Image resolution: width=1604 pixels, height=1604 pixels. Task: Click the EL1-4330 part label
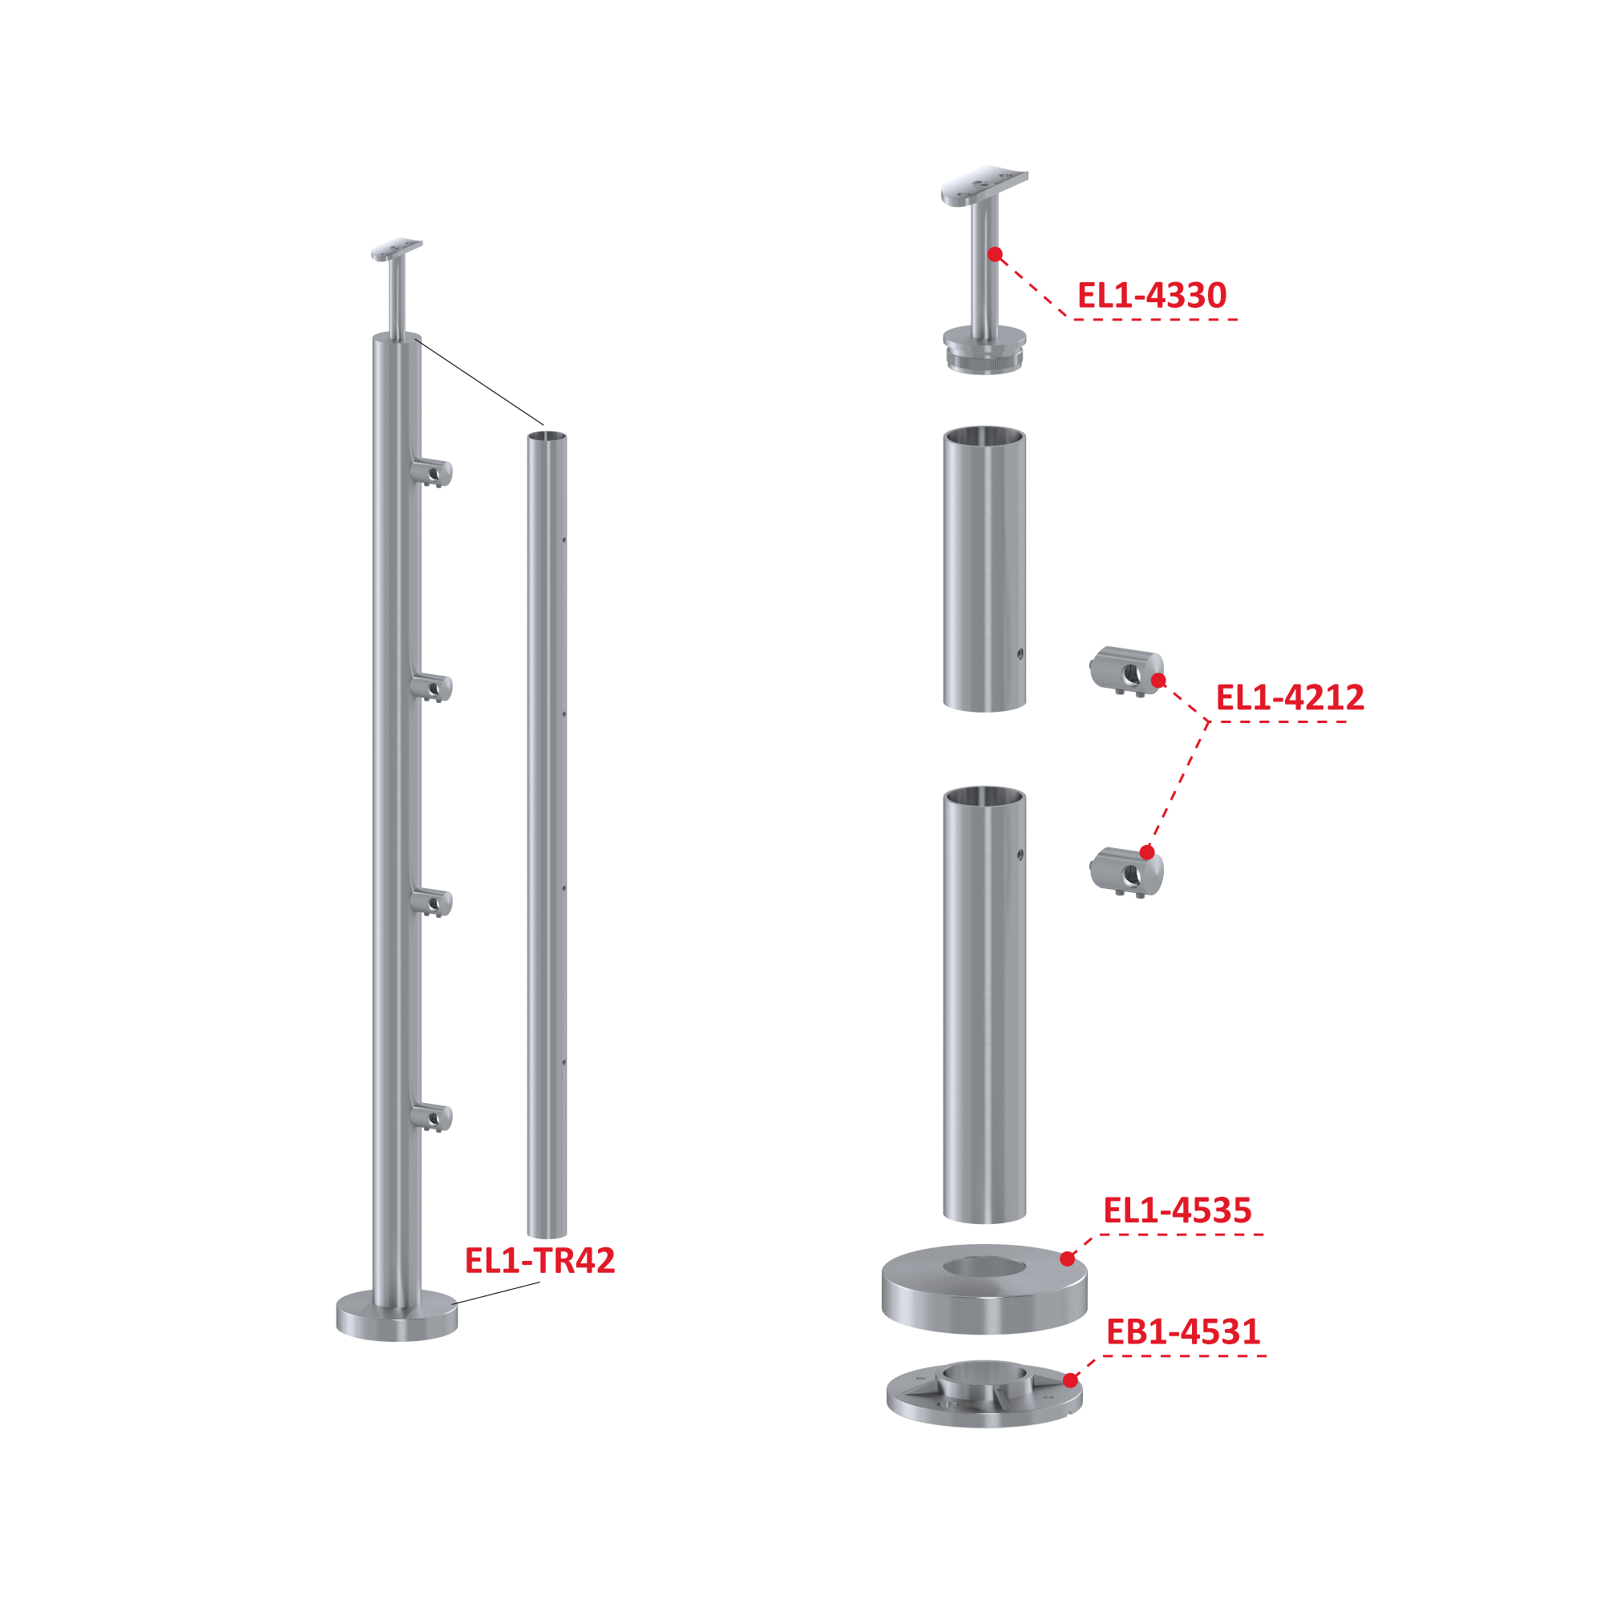click(x=1152, y=296)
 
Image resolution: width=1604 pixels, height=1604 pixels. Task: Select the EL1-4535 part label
click(x=1178, y=1210)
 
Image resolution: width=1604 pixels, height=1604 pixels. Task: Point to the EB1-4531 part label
click(x=1183, y=1331)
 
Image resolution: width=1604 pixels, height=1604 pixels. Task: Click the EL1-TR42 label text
click(x=539, y=1260)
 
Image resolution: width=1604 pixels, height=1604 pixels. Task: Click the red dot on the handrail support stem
click(x=995, y=254)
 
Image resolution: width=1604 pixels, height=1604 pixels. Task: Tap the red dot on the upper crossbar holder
click(x=1159, y=681)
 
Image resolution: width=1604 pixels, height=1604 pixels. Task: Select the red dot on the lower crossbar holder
click(x=1147, y=852)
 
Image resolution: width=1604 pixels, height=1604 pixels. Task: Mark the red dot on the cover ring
click(x=1068, y=1259)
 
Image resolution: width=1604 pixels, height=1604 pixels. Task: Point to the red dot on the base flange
click(x=1071, y=1380)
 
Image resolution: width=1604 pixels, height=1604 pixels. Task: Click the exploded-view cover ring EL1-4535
click(x=984, y=1288)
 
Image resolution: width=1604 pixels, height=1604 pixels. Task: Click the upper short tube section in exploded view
click(x=984, y=569)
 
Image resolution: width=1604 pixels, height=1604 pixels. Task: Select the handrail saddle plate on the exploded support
click(x=984, y=185)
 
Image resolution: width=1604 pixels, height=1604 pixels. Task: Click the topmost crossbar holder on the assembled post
click(x=432, y=473)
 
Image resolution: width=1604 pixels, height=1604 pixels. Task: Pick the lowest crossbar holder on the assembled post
click(x=432, y=1117)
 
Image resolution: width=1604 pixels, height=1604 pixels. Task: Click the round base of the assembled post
click(x=397, y=1316)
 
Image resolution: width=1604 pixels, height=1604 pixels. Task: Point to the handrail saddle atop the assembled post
click(x=397, y=250)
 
